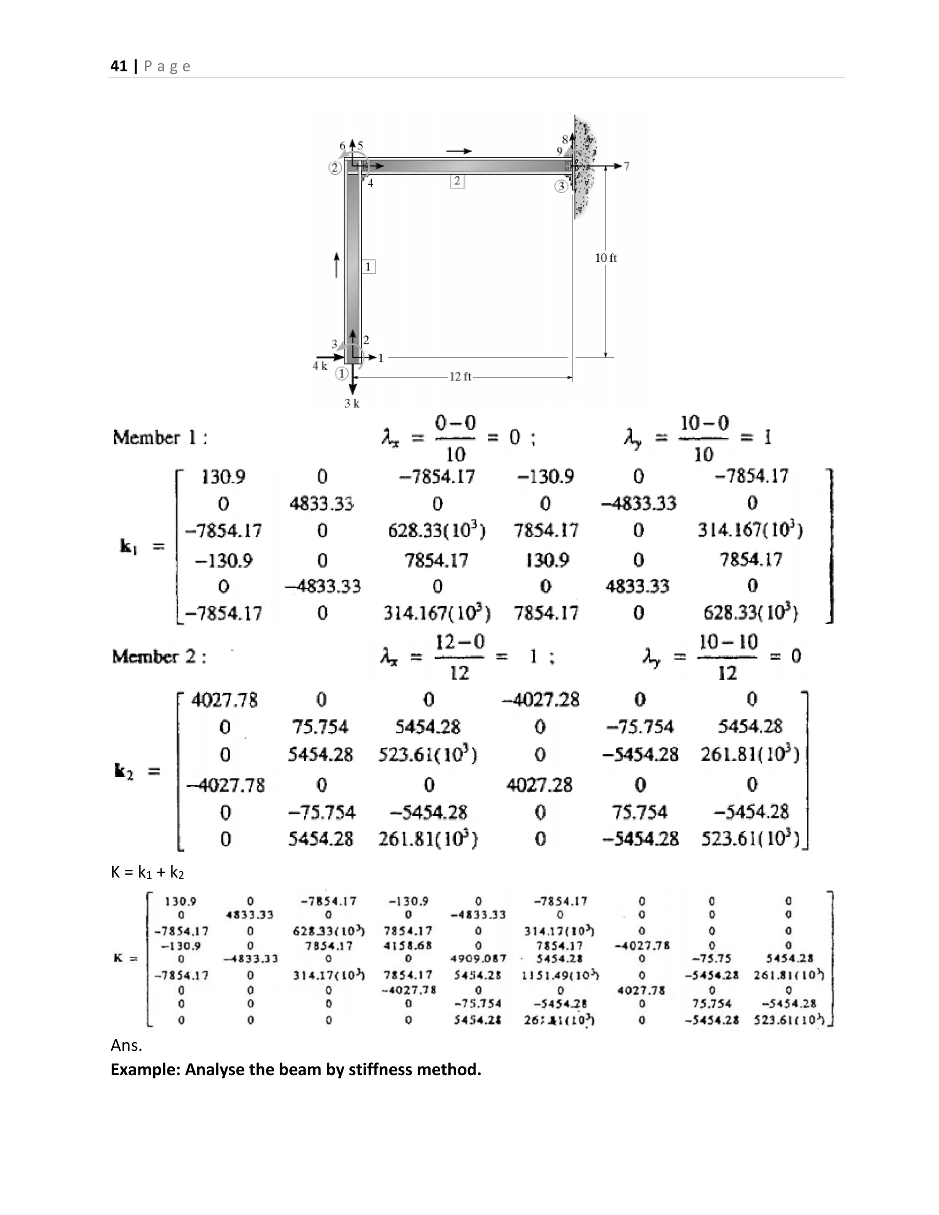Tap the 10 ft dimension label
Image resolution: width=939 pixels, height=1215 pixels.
click(606, 258)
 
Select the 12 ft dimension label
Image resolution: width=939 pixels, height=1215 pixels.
click(460, 376)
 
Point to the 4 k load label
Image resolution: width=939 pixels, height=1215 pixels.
click(319, 366)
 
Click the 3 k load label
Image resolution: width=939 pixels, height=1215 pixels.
click(352, 403)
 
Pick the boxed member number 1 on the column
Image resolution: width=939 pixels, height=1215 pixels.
click(368, 267)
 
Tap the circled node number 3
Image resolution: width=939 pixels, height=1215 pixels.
click(561, 186)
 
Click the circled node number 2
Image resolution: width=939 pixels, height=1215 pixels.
click(334, 168)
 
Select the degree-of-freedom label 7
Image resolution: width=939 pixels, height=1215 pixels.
click(626, 166)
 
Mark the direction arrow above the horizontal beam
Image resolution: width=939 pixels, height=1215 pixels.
click(458, 151)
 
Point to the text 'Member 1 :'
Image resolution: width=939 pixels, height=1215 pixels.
click(160, 438)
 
